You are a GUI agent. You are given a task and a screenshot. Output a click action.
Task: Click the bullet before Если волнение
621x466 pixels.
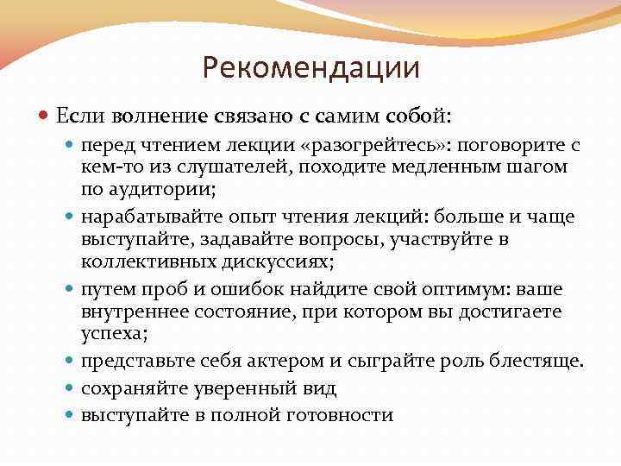click(46, 116)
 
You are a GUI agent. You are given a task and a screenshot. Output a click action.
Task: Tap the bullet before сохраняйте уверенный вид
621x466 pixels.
click(70, 389)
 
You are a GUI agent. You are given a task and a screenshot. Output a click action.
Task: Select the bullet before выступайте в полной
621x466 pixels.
click(70, 416)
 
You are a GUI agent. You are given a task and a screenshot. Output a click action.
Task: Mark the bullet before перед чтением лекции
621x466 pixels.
click(70, 145)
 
